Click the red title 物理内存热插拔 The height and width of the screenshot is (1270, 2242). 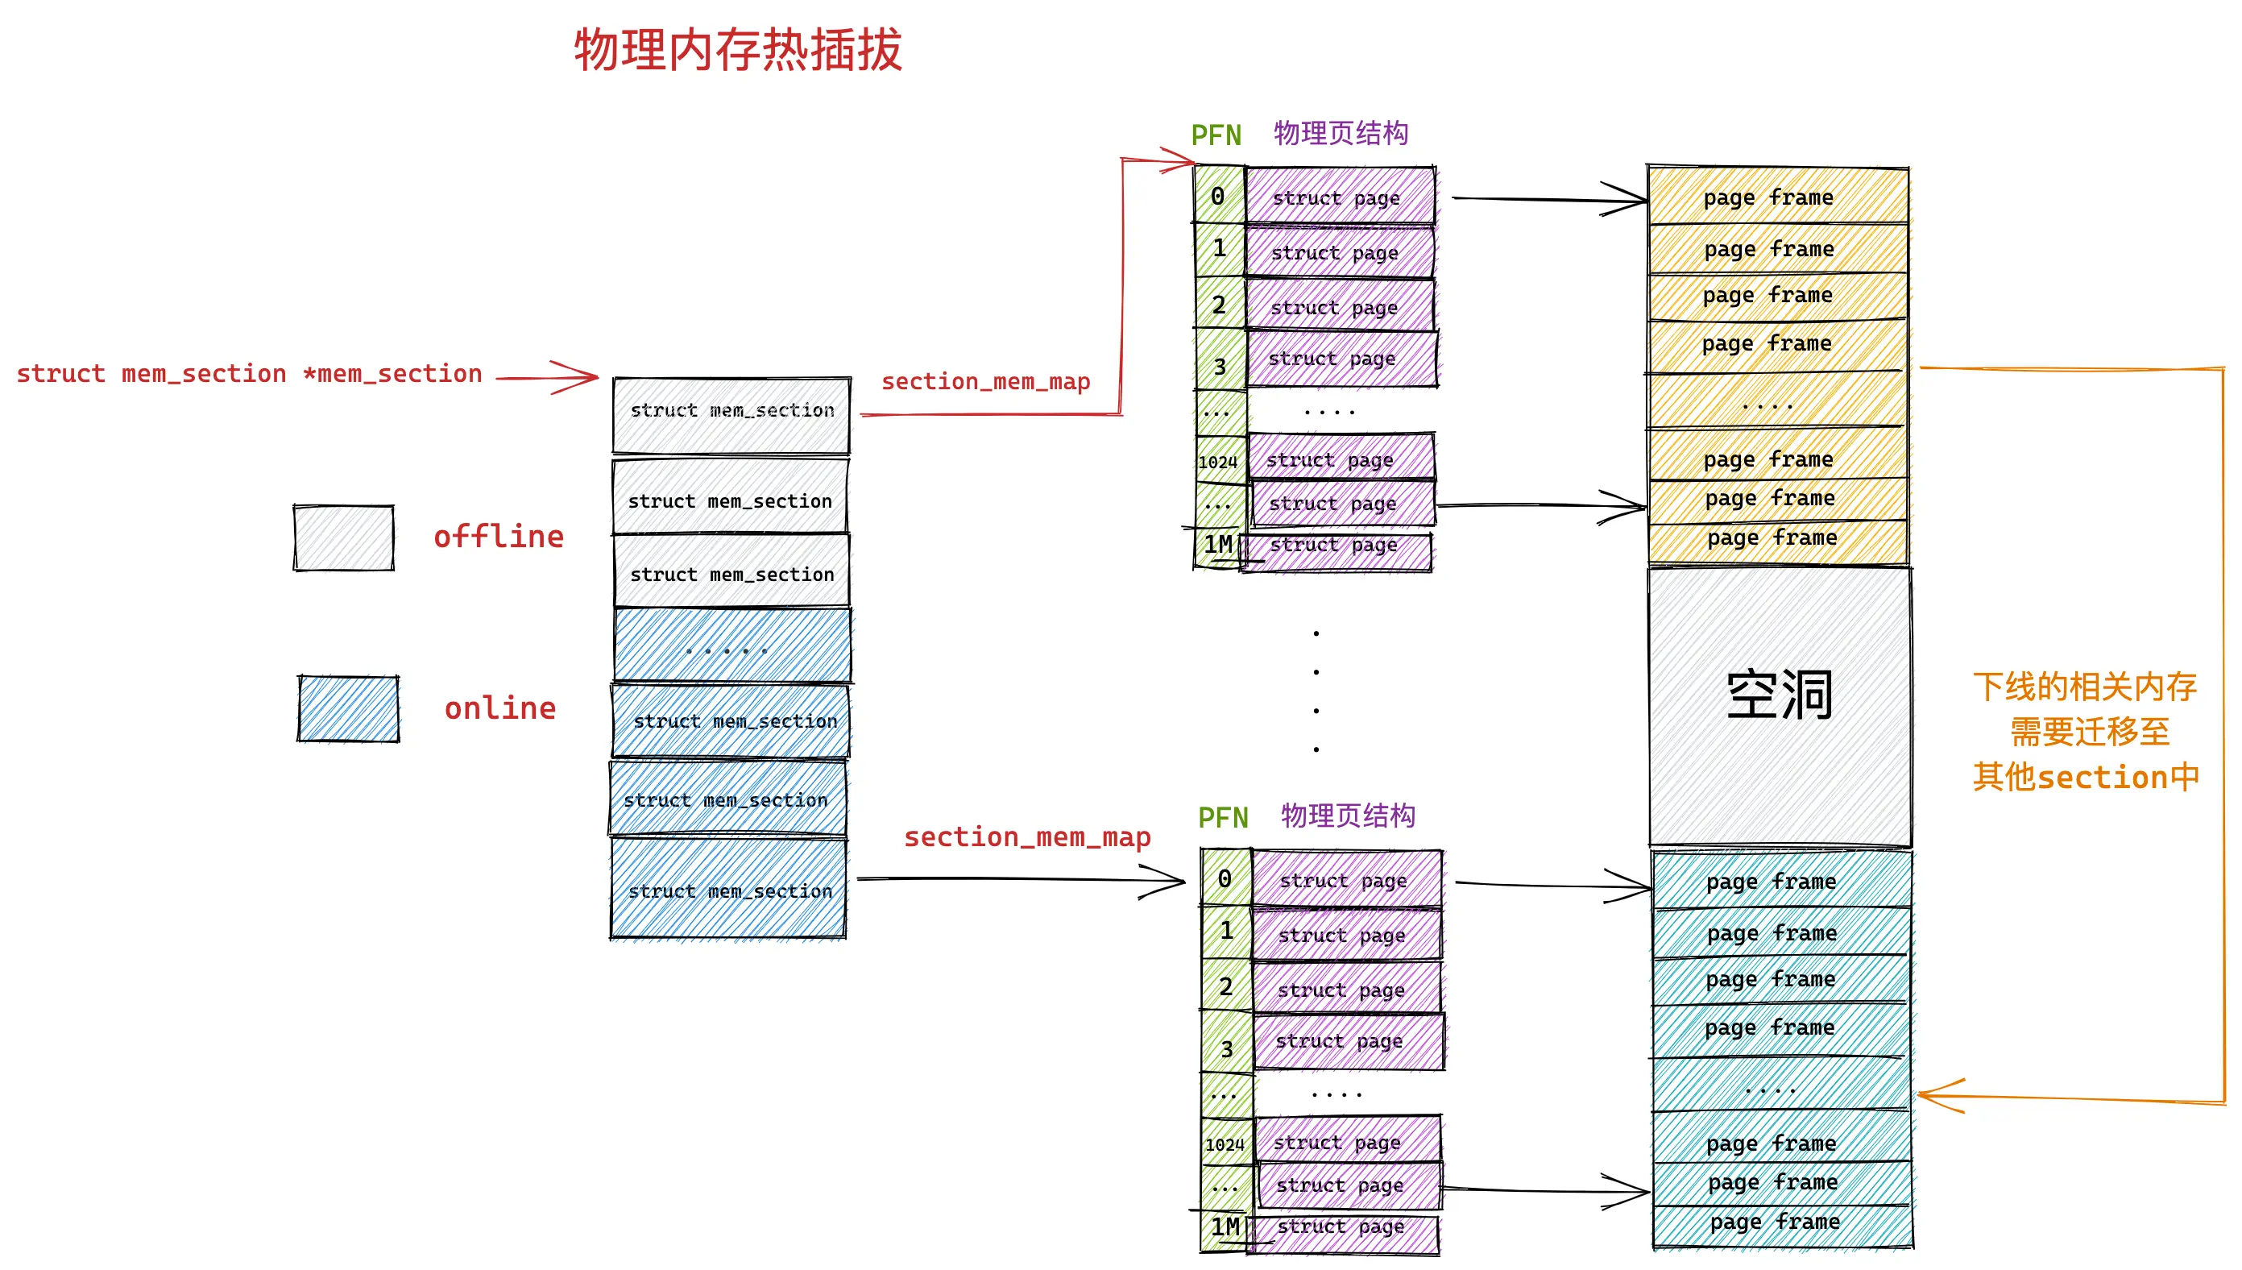[738, 50]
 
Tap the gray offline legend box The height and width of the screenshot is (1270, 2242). [343, 537]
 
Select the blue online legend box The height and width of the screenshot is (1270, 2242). [348, 708]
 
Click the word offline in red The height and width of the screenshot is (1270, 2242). [499, 537]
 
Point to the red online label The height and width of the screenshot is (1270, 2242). [500, 708]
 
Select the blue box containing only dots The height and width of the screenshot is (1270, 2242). [731, 646]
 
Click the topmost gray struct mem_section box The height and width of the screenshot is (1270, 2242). [731, 414]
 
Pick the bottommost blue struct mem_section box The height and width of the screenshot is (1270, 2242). [729, 889]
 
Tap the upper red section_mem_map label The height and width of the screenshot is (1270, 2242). [985, 381]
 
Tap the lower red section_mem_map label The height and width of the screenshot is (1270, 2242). [1027, 836]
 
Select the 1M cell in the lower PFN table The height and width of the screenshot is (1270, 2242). [1225, 1227]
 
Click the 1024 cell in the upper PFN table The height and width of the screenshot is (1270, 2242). [1218, 462]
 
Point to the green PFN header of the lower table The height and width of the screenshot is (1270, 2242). [1223, 817]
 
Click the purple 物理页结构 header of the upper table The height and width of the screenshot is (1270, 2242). [1341, 134]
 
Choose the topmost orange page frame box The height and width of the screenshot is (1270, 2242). [1777, 197]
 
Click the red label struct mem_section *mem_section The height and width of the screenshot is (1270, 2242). [250, 373]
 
